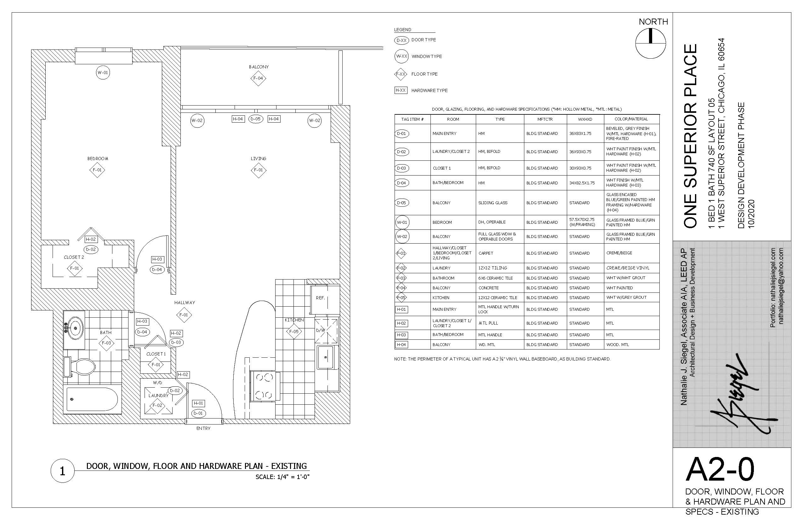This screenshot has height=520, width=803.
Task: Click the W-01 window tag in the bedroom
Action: click(103, 72)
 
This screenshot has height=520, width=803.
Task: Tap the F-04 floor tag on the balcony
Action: click(258, 78)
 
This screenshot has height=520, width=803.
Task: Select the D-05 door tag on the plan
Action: click(255, 119)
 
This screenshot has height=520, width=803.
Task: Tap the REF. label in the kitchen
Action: click(320, 298)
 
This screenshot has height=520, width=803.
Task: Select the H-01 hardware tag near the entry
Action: click(198, 403)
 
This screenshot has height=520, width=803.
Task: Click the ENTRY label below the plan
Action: click(203, 428)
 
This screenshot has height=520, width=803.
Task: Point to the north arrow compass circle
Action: click(651, 43)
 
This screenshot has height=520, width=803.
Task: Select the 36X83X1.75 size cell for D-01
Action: click(580, 133)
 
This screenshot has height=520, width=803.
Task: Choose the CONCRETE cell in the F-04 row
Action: click(488, 288)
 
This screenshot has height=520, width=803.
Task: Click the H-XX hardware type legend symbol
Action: click(401, 90)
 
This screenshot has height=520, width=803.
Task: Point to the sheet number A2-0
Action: click(720, 469)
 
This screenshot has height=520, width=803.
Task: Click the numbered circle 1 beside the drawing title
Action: click(62, 471)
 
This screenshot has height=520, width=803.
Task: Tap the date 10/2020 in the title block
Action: click(751, 214)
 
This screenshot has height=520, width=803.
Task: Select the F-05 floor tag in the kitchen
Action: click(294, 332)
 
